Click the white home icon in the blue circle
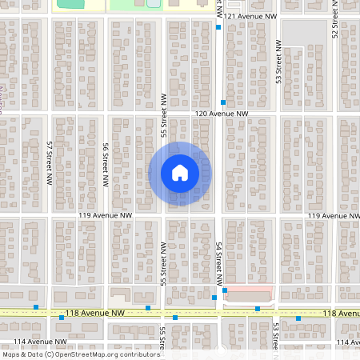click(180, 172)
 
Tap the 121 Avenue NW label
click(251, 16)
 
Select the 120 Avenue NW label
click(222, 114)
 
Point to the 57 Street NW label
click(50, 153)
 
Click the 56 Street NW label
click(105, 165)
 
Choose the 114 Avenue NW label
click(27, 342)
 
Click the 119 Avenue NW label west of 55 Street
click(105, 216)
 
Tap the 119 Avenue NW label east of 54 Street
click(331, 216)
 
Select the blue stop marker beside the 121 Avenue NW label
click(218, 27)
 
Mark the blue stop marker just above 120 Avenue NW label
click(223, 102)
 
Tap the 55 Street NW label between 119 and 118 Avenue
click(163, 263)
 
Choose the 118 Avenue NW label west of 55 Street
click(96, 313)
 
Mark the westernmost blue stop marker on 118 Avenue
click(35, 306)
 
